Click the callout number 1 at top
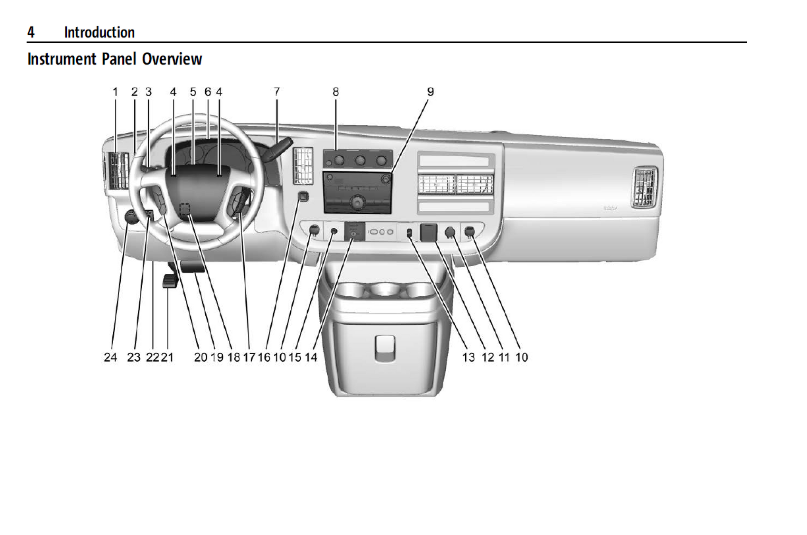coord(115,92)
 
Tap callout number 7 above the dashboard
coord(277,92)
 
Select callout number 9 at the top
coord(430,92)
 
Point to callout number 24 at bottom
coord(110,357)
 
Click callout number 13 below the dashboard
coord(469,357)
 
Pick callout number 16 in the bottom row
coord(264,357)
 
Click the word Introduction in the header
coord(99,32)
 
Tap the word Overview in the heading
coord(172,59)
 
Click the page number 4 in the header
coord(31,32)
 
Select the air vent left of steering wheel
coord(118,171)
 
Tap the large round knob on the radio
coord(356,203)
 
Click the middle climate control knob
coord(360,160)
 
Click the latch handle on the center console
coord(385,348)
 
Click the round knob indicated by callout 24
coord(131,216)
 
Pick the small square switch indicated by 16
coord(303,197)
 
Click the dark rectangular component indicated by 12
coord(429,232)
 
